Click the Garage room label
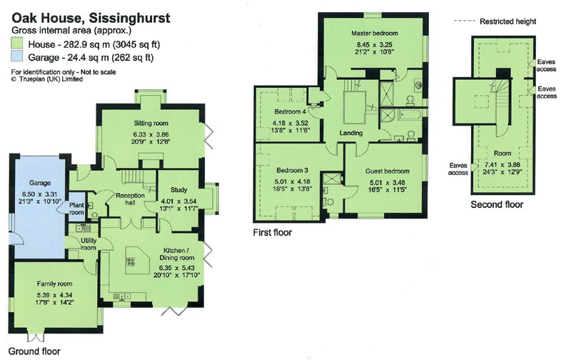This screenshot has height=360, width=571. click(40, 183)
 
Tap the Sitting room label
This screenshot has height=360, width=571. click(151, 123)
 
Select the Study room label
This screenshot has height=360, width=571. click(179, 190)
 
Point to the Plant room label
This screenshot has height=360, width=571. click(76, 209)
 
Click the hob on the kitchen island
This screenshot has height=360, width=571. click(131, 261)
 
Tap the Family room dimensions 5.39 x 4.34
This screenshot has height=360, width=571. click(54, 295)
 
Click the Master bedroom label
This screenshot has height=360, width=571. click(374, 33)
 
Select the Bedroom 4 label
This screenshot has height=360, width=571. click(290, 111)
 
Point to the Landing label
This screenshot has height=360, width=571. click(350, 133)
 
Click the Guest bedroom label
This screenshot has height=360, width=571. click(388, 171)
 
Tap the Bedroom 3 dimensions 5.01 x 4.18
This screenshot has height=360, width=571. click(292, 181)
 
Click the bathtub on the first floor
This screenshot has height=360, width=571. click(410, 115)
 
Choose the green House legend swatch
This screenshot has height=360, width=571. click(17, 44)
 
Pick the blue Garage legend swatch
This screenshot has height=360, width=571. click(17, 57)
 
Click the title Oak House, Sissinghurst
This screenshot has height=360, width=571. click(91, 19)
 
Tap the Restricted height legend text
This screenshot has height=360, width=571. click(507, 21)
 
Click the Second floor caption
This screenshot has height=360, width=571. click(497, 204)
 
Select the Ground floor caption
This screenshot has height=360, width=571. click(34, 351)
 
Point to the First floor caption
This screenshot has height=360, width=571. click(273, 232)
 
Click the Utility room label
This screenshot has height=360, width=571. click(89, 244)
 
